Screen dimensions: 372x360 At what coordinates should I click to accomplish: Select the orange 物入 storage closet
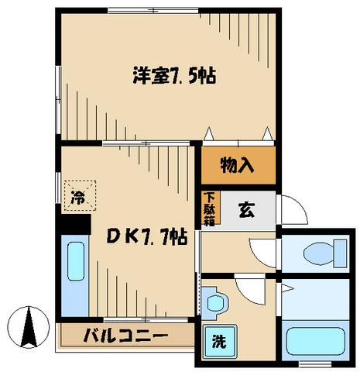pos(237,165)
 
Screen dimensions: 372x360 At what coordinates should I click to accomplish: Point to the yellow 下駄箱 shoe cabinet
pos(209,209)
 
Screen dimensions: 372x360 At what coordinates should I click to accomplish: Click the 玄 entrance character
pos(245,209)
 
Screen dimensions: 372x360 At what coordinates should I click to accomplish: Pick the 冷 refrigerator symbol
pos(80,196)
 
